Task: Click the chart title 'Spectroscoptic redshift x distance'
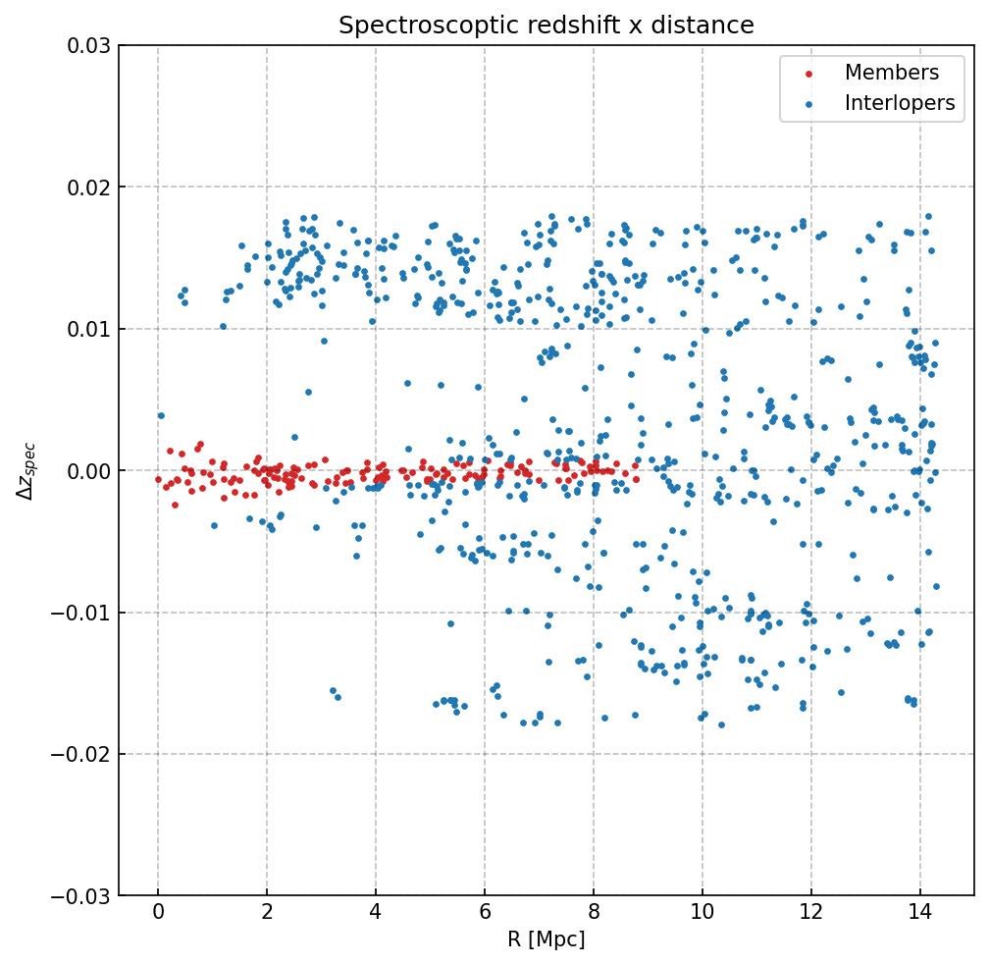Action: click(x=547, y=26)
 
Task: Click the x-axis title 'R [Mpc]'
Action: click(x=547, y=939)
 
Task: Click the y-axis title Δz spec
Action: click(x=26, y=470)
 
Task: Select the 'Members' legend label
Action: click(x=891, y=73)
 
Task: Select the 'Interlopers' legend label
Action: click(x=899, y=103)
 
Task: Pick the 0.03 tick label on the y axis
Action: click(x=88, y=45)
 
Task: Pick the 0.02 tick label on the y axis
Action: click(x=88, y=187)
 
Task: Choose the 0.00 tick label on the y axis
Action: click(x=88, y=471)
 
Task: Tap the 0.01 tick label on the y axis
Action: click(x=88, y=329)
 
